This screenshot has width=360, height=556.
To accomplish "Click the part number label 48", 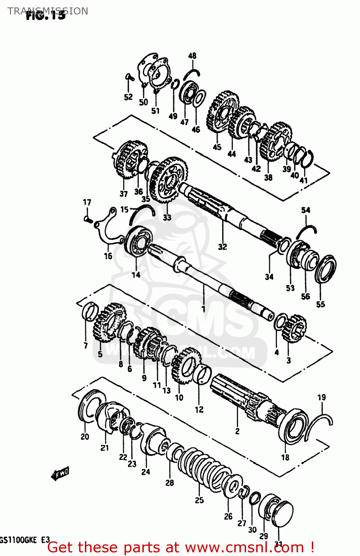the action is tap(192, 56).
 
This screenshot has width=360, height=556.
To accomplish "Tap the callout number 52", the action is tap(128, 97).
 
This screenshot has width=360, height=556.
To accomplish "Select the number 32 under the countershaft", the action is tap(222, 247).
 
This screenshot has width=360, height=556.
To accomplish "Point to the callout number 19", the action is tap(321, 398).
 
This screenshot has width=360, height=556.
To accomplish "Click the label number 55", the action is tap(321, 304).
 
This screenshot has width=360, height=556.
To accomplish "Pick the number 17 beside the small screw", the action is tap(87, 202).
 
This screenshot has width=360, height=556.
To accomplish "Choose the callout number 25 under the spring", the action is tap(199, 500).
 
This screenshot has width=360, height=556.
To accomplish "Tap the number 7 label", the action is tap(86, 346).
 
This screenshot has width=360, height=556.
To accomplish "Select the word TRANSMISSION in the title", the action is tap(48, 11).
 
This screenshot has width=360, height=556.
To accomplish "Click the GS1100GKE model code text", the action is tap(19, 540).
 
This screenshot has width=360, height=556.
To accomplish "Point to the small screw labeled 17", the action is tap(87, 219).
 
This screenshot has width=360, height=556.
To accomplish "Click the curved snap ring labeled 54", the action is tap(306, 232).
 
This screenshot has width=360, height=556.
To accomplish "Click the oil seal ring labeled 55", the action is tap(326, 269).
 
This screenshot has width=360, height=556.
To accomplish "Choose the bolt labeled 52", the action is tap(129, 77).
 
